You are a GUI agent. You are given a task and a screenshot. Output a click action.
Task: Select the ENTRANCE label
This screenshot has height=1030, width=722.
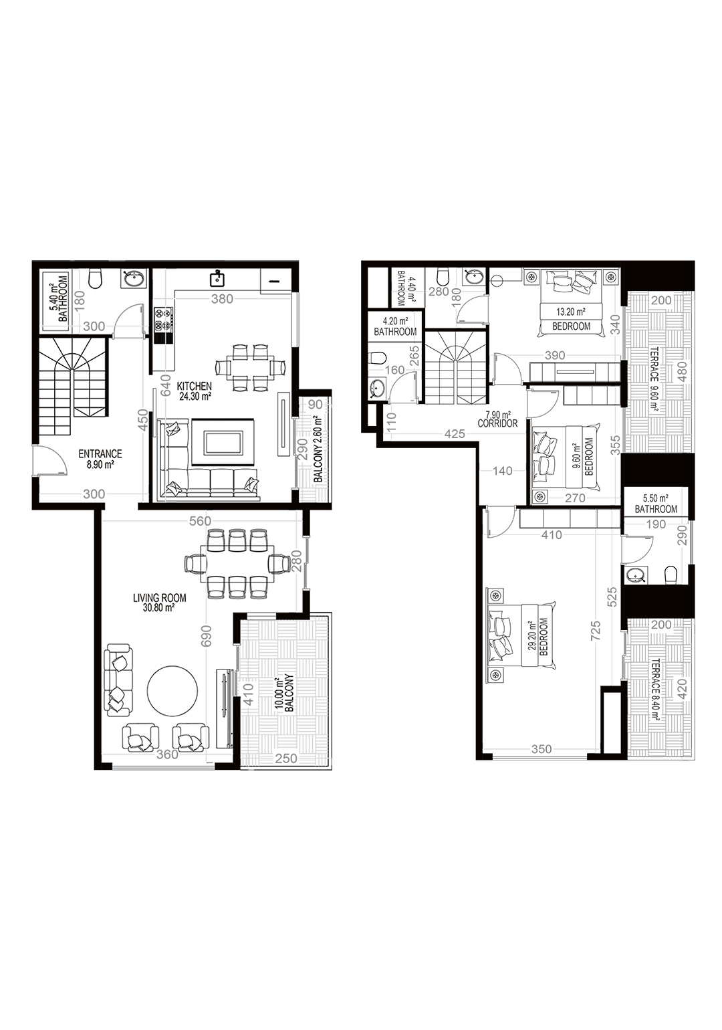(100, 454)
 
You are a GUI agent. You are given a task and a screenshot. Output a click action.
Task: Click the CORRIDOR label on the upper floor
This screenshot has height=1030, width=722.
(498, 423)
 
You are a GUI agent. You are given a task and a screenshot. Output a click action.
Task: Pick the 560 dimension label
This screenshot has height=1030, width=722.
(200, 521)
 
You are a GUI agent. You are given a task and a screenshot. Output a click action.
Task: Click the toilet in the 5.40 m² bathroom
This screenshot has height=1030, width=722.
(96, 279)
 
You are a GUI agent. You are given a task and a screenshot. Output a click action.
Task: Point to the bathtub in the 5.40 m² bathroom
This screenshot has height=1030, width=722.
(57, 301)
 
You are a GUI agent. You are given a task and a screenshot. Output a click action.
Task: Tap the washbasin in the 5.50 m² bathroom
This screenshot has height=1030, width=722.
(636, 575)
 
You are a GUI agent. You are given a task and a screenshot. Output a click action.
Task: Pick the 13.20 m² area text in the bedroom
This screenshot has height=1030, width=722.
(570, 312)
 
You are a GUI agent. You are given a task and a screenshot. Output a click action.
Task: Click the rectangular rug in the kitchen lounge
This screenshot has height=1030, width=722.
(223, 442)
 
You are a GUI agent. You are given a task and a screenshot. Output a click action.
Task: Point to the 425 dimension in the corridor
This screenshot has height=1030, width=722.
(455, 433)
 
